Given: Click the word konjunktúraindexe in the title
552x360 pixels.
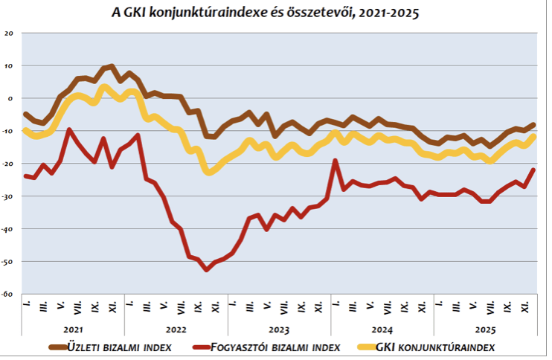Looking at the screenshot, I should click(225, 13).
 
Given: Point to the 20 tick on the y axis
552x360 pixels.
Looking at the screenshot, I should click(9, 33).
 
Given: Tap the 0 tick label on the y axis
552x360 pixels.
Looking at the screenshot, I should click(10, 98).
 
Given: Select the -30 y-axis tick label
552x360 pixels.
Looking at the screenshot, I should click(8, 196).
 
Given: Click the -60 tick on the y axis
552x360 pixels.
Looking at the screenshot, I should click(8, 295).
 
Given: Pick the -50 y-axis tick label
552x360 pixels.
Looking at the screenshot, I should click(8, 262).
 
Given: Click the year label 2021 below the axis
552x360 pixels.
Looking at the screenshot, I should click(73, 328).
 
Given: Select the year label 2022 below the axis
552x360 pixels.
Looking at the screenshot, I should click(176, 328).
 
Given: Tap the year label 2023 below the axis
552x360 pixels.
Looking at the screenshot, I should click(279, 328).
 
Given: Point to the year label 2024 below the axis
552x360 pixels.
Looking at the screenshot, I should click(382, 328).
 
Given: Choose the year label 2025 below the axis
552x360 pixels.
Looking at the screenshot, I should click(484, 328).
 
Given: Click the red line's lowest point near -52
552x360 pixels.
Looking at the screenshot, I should click(206, 269).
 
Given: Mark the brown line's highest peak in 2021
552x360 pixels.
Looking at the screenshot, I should click(112, 66).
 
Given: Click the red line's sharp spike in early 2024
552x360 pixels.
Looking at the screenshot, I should click(336, 160).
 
